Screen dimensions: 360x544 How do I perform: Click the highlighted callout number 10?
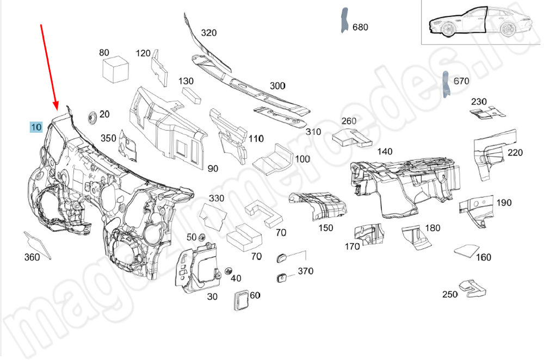coord(36,128)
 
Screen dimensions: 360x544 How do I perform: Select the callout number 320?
coord(208,33)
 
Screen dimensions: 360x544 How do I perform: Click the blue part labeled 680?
coord(344,21)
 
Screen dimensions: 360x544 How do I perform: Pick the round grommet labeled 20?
coord(92,116)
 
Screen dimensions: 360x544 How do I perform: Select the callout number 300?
coord(277,86)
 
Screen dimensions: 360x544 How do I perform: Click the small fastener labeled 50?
coord(202,237)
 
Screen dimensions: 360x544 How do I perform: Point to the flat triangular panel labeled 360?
coord(38,244)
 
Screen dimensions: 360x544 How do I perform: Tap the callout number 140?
coord(384,152)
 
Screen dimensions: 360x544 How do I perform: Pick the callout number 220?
coord(515,153)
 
